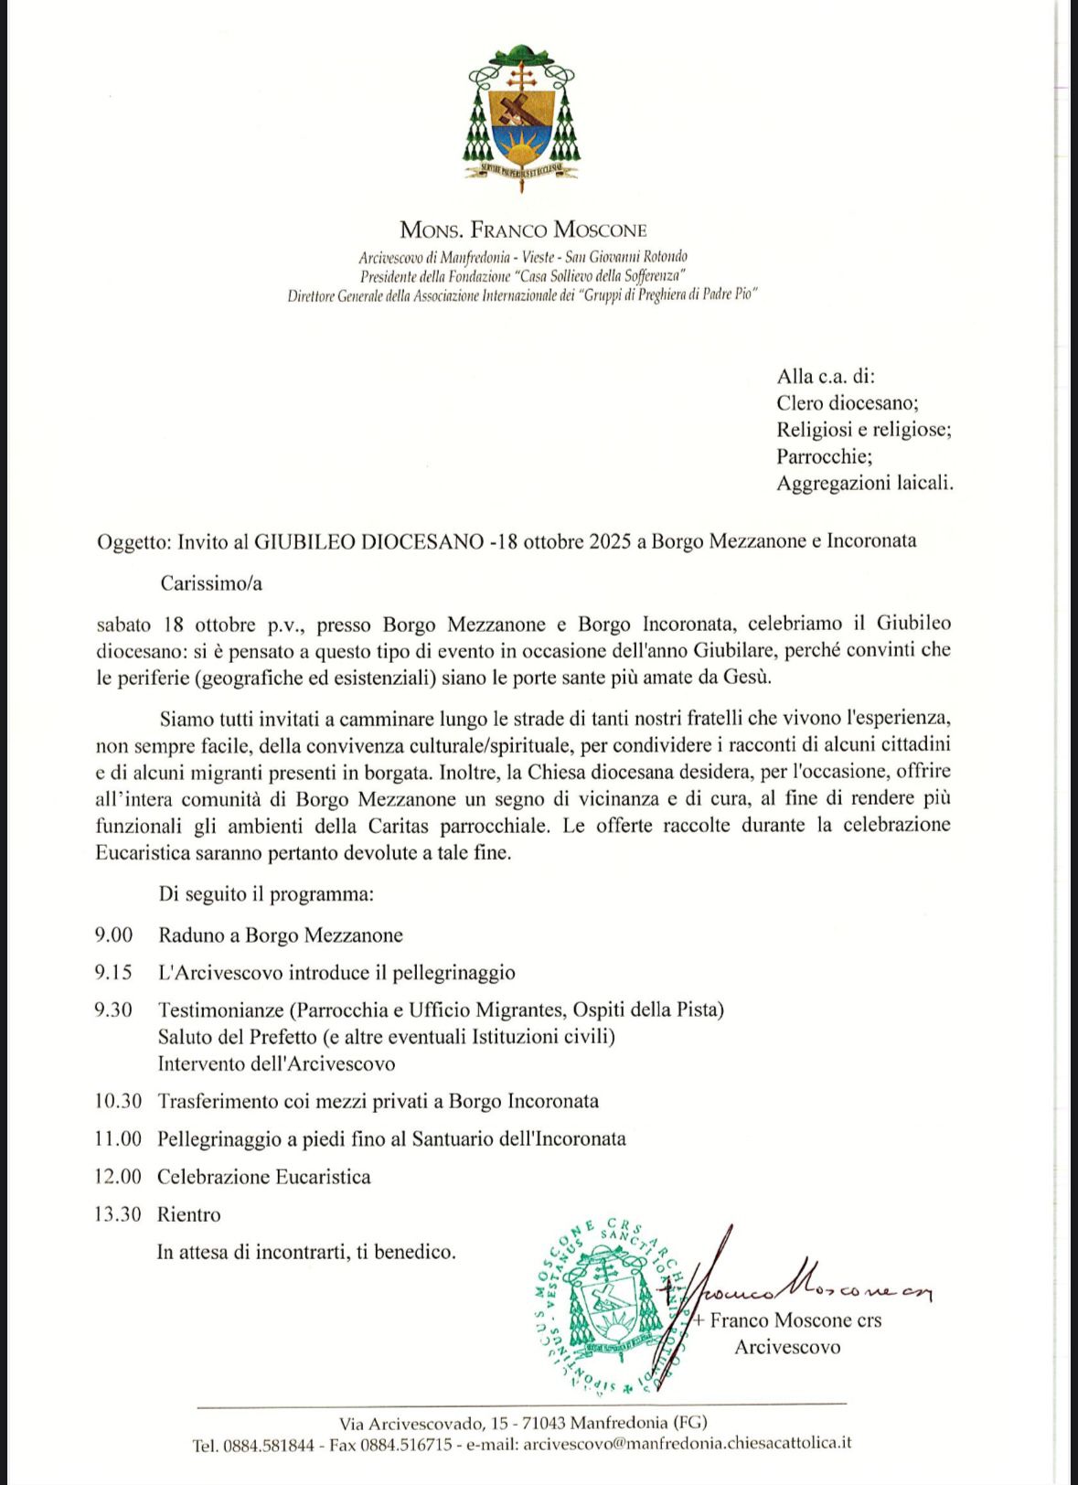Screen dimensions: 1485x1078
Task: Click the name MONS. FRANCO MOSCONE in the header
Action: coord(523,230)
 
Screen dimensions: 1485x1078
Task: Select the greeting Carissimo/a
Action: coord(211,582)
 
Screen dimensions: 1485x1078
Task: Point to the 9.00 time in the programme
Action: coord(113,935)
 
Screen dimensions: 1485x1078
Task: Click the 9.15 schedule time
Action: coord(113,973)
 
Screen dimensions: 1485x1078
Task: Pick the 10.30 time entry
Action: coord(118,1101)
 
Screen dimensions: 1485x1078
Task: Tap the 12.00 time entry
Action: coord(118,1177)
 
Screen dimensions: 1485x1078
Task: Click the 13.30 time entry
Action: coord(118,1214)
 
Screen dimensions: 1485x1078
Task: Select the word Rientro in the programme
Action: coord(189,1214)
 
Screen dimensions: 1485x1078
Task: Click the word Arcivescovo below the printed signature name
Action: coord(787,1347)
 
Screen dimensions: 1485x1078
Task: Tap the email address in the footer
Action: coord(686,1444)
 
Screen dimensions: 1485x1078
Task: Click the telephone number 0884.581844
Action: coord(266,1444)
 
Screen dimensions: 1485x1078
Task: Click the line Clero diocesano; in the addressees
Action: coord(848,403)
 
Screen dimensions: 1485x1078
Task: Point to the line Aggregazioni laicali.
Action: coord(865,483)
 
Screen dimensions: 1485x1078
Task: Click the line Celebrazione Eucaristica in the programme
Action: coord(264,1177)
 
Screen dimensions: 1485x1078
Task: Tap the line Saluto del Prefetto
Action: coord(386,1037)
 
